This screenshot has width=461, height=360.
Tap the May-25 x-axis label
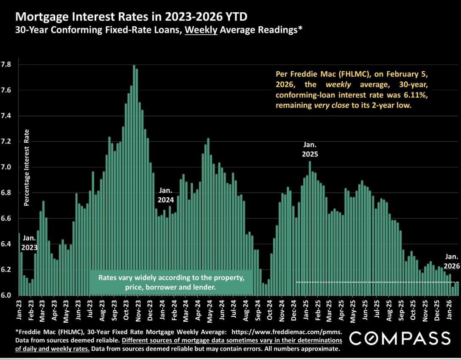pos(353,311)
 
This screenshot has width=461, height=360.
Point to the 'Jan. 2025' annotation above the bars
pos(310,149)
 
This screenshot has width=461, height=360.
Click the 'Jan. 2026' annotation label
pos(452,261)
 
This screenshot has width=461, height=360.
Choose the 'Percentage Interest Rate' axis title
pos(26,167)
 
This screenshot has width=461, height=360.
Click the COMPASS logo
pos(400,338)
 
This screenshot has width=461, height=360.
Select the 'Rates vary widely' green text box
pos(172,283)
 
